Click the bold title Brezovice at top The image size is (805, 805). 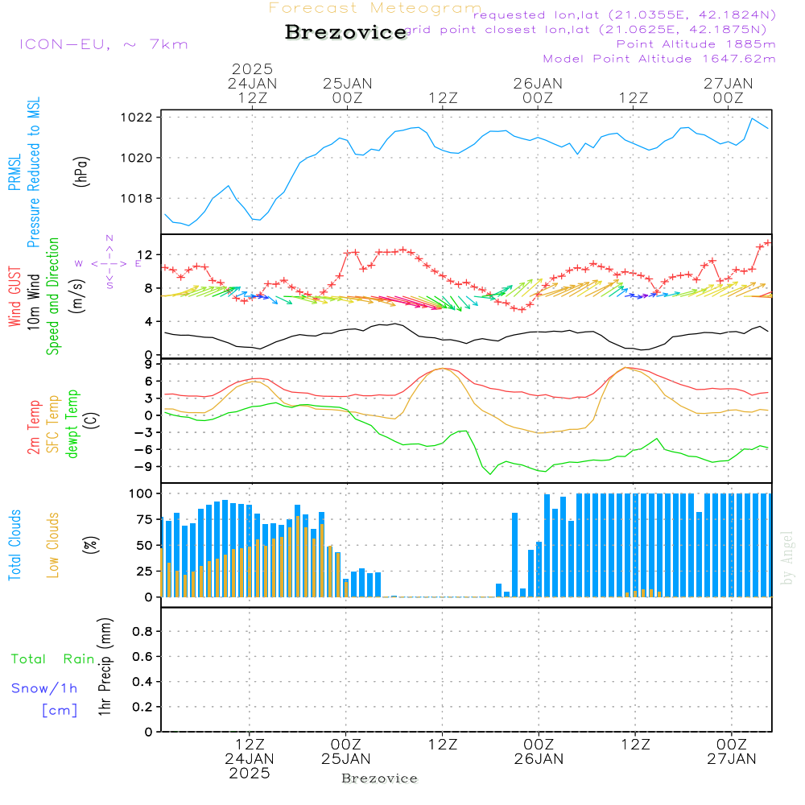(345, 32)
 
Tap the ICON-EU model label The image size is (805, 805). (103, 44)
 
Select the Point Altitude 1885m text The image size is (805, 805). (696, 44)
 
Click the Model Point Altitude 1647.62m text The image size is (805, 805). (658, 59)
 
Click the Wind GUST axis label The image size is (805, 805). (15, 298)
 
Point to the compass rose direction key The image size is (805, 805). (109, 262)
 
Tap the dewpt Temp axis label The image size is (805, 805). (73, 424)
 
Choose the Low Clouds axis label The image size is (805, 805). (53, 544)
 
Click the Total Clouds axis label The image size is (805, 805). (15, 544)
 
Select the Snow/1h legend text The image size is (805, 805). (44, 688)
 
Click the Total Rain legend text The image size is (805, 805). (52, 659)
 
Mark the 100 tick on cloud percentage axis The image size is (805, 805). (142, 493)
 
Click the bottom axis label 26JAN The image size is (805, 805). (538, 758)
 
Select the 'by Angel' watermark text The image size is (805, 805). (788, 557)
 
